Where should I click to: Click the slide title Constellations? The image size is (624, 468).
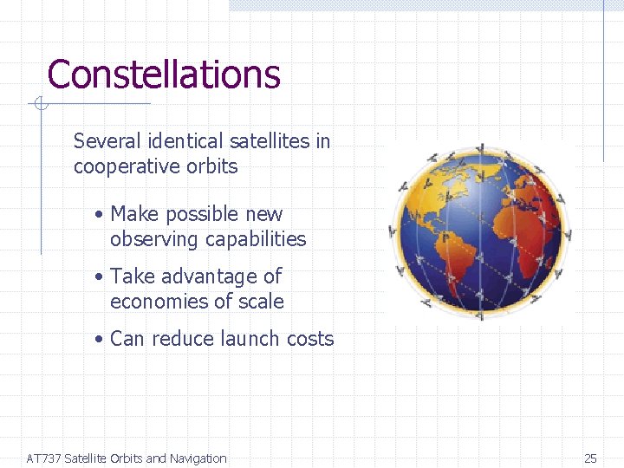pyautogui.click(x=164, y=75)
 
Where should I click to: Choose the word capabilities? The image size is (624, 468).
pyautogui.click(x=256, y=239)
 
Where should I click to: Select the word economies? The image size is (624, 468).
pyautogui.click(x=160, y=302)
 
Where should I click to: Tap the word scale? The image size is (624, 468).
pyautogui.click(x=261, y=302)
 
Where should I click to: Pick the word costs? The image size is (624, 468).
pyautogui.click(x=310, y=339)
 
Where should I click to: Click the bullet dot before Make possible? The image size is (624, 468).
pyautogui.click(x=101, y=215)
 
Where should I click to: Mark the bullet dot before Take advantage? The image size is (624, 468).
pyautogui.click(x=101, y=277)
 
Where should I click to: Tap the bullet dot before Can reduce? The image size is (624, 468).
pyautogui.click(x=101, y=340)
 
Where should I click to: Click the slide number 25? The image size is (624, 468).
pyautogui.click(x=590, y=458)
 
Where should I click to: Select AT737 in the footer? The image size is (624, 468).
pyautogui.click(x=43, y=458)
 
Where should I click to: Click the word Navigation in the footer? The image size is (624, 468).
pyautogui.click(x=198, y=458)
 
